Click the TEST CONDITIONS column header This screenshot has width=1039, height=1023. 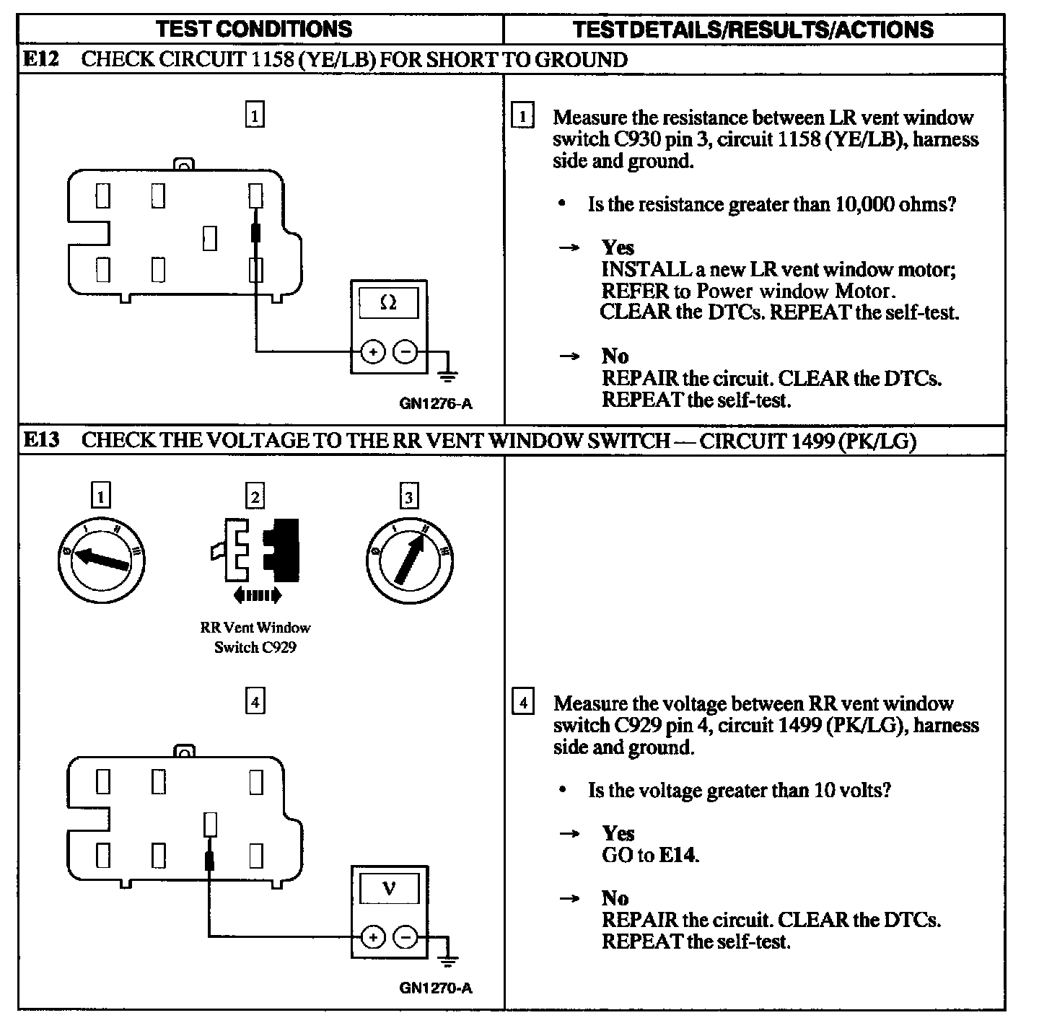tap(254, 29)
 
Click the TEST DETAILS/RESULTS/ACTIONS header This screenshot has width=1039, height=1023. tap(753, 29)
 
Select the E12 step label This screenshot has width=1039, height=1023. tap(41, 59)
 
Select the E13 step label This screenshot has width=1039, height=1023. tap(41, 439)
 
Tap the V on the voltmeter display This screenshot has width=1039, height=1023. tap(389, 888)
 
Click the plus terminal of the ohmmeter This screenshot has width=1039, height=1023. tap(372, 352)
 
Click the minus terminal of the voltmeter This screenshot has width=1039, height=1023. tap(405, 937)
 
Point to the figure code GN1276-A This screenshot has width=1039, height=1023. tap(436, 404)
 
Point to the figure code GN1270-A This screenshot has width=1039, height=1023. tap(436, 988)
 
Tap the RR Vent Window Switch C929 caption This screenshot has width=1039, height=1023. tap(255, 638)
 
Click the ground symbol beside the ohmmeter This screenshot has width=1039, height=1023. tap(448, 373)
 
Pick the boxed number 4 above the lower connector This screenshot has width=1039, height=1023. tap(255, 701)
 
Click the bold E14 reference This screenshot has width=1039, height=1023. tap(678, 856)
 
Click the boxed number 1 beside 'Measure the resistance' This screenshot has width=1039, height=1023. tap(522, 116)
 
